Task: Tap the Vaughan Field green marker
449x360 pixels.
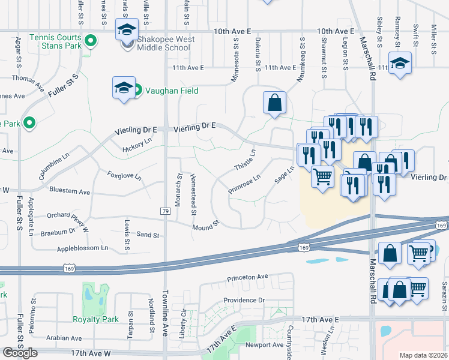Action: pos(137,91)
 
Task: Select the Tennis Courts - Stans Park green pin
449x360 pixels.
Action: pos(91,41)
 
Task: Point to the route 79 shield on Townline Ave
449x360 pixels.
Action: pos(164,211)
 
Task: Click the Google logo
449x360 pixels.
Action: pos(20,353)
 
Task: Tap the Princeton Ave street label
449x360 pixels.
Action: pos(247,278)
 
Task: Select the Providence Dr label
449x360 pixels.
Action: pos(244,300)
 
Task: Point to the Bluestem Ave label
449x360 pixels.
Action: pos(70,192)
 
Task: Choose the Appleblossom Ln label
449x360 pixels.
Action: pos(83,248)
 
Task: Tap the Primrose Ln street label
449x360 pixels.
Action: pos(244,184)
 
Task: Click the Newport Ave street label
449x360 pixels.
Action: pos(264,345)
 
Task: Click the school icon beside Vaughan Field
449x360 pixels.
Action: pos(123,88)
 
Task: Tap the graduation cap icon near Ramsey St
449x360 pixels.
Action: pos(400,63)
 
